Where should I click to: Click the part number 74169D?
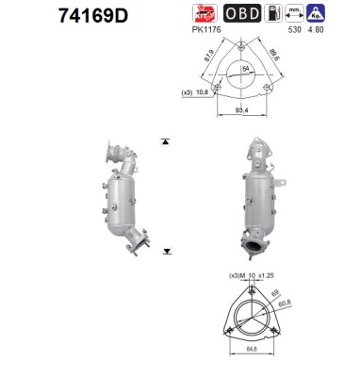click(x=57, y=16)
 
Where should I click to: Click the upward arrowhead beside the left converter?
click(x=167, y=140)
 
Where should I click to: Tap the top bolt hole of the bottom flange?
click(x=249, y=292)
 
